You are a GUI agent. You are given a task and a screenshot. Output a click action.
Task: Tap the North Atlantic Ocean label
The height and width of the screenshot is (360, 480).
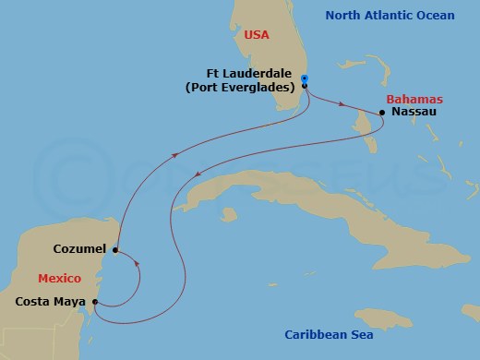tap(402, 15)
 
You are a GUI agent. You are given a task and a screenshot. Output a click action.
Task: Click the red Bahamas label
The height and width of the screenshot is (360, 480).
tap(414, 98)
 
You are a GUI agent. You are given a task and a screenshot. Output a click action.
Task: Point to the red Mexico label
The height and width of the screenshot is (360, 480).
tap(60, 278)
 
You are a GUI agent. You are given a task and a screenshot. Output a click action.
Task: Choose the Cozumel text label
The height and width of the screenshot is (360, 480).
tap(82, 249)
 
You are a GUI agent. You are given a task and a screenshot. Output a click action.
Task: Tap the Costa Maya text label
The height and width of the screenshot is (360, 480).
tap(51, 301)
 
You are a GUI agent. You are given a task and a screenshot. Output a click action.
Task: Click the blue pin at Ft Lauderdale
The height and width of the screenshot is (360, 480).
tap(305, 80)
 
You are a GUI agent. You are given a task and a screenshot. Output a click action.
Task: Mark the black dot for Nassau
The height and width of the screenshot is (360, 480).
tap(382, 113)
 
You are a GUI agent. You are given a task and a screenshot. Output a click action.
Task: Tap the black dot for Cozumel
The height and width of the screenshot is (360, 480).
tap(115, 249)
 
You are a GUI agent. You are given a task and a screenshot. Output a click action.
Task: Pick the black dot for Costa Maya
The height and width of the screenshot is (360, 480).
tap(95, 301)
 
